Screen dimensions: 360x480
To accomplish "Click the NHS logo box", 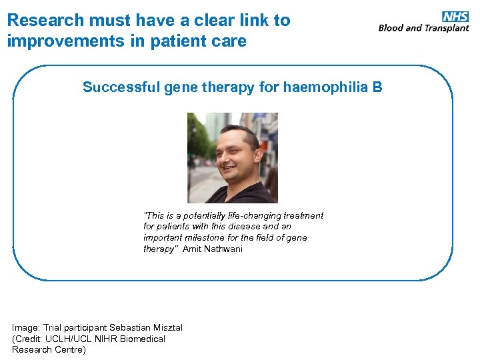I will click(x=455, y=17).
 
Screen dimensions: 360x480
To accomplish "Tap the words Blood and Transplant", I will click(x=423, y=28).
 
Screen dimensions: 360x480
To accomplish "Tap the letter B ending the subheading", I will click(x=377, y=87).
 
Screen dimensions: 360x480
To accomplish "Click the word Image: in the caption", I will click(x=26, y=327).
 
